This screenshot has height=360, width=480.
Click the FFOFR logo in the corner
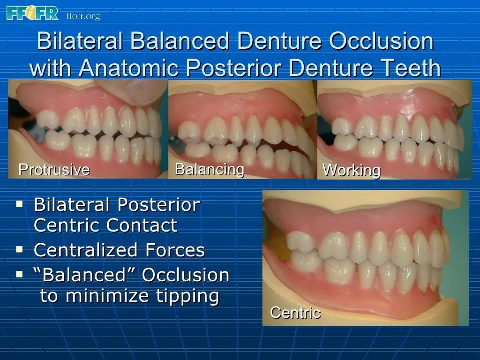tap(32, 13)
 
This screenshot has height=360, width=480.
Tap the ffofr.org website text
tap(83, 16)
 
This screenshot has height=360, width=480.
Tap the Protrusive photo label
tap(53, 169)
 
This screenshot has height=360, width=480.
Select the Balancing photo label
tap(209, 169)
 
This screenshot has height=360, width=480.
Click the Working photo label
tap(351, 170)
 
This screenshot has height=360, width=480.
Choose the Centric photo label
tap(295, 312)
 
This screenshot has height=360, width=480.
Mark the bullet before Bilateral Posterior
tap(19, 204)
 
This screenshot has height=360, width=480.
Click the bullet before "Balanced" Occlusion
tap(19, 273)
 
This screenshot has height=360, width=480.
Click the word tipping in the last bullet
tap(189, 296)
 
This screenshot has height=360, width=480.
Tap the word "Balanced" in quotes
tap(85, 275)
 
